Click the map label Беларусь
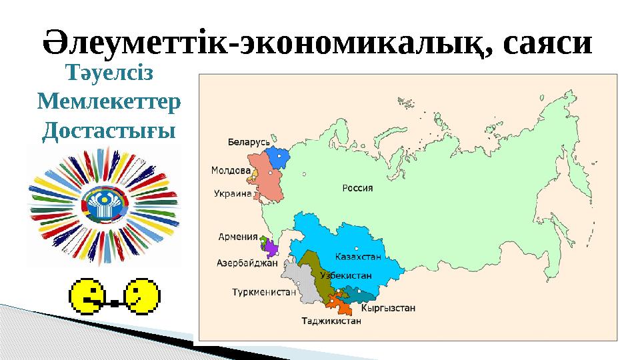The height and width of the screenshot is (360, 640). tap(249, 143)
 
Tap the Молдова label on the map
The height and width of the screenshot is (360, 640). tap(231, 170)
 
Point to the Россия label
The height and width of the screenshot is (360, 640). tap(357, 188)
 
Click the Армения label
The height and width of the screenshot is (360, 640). tap(238, 236)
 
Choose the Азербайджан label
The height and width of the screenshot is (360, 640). tap(247, 263)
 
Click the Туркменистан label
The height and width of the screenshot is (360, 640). tap(263, 292)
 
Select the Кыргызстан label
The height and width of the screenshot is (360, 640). tap(388, 308)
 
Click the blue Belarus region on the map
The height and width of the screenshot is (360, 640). tap(278, 158)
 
